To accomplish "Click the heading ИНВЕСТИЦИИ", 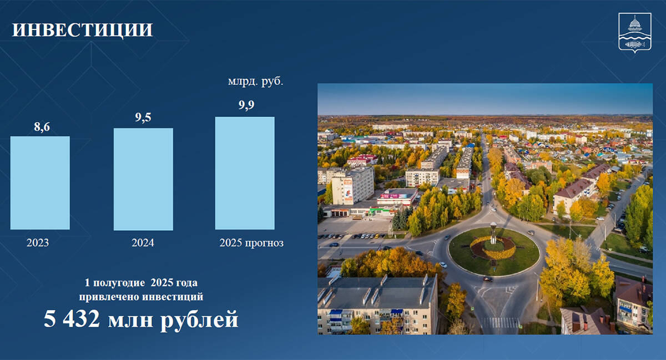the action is point(82,30).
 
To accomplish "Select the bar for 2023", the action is point(40,183).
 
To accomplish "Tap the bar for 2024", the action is point(143,179).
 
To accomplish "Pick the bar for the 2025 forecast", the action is point(245,173).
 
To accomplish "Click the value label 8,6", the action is point(42,127).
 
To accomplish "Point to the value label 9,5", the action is point(143,118).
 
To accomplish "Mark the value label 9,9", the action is point(246,105).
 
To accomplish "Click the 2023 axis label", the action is point(38,242).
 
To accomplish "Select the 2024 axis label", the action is point(143,242).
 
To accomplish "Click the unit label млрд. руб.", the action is point(256,82).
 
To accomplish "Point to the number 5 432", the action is point(72,319).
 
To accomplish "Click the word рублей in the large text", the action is point(199,321).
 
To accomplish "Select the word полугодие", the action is point(119,283).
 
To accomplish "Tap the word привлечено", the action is point(109,297).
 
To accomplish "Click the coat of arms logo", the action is point(635,33).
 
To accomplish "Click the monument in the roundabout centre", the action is point(493,233).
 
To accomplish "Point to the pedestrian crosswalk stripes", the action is point(500,322).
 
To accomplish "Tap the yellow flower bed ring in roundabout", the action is point(493,249).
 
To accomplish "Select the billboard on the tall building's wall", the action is point(347,189).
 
